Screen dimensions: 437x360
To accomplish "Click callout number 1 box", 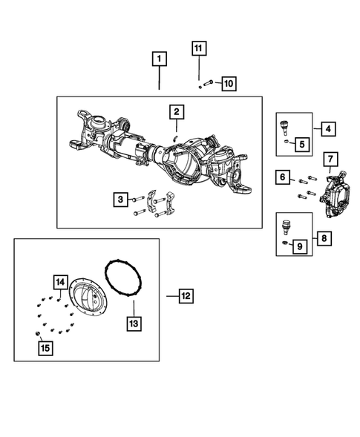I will [x=159, y=58].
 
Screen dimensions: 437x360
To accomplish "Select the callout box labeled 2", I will [x=177, y=112].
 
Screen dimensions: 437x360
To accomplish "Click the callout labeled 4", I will [x=328, y=128].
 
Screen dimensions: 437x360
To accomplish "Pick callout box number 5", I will [x=301, y=143].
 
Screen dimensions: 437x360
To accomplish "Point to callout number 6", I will [x=283, y=177].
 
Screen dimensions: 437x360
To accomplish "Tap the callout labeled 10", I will [x=228, y=83].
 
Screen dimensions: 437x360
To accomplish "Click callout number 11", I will [x=197, y=49].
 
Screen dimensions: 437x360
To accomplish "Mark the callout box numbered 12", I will [x=185, y=296].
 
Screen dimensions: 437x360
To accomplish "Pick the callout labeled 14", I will [x=59, y=282].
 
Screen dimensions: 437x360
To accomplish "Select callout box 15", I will [x=45, y=346].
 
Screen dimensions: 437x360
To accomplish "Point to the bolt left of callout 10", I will [x=208, y=83].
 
